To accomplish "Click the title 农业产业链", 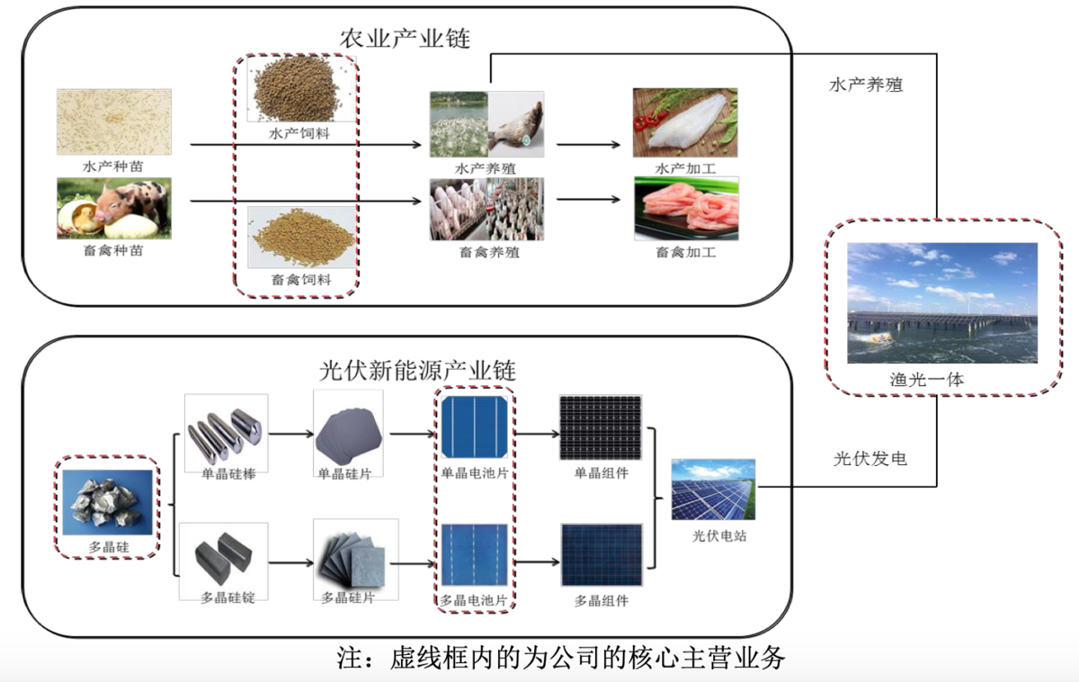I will pos(405,39).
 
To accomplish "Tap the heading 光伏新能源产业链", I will pos(418,371).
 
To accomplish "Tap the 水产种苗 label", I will pos(112,166).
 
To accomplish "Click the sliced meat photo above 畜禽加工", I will pos(686,209).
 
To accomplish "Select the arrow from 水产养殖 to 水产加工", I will pos(588,144).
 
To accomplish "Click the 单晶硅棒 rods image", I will pos(225,429).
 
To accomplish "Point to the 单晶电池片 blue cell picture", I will pos(475,426).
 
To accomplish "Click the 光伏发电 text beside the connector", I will pos(869,459).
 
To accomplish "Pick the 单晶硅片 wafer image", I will pos(349,430).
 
